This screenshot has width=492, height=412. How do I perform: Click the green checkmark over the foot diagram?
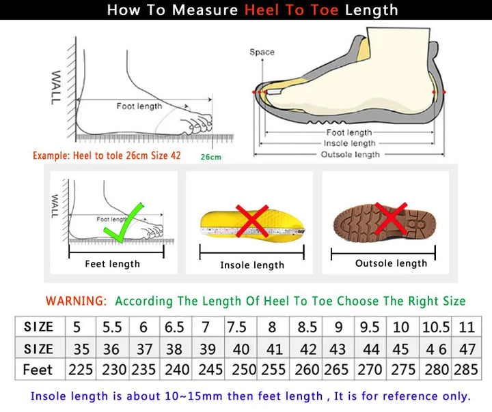pyautogui.click(x=126, y=224)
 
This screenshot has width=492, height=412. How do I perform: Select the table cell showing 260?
pyautogui.click(x=307, y=370)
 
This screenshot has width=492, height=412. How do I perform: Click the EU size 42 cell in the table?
pyautogui.click(x=308, y=349)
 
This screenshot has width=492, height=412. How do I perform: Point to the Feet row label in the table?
pyautogui.click(x=38, y=370)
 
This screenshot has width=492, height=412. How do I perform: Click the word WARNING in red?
pyautogui.click(x=76, y=301)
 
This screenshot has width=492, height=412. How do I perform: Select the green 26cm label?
pyautogui.click(x=210, y=158)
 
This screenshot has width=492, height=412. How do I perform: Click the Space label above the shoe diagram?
pyautogui.click(x=262, y=52)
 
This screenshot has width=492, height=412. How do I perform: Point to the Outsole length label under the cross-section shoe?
pyautogui.click(x=350, y=155)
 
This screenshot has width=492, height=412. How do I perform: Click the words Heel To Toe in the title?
pyautogui.click(x=292, y=10)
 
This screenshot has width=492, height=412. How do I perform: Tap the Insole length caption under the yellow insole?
pyautogui.click(x=251, y=265)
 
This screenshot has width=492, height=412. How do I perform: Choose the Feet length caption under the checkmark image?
pyautogui.click(x=112, y=264)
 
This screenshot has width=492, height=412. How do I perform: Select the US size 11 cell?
pyautogui.click(x=467, y=327)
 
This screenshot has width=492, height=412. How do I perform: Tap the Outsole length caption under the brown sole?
pyautogui.click(x=391, y=263)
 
